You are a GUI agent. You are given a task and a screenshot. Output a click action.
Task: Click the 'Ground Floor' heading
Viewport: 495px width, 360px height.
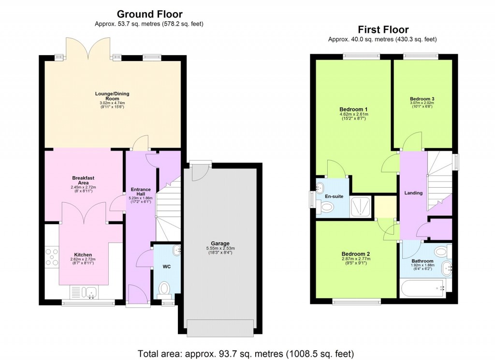pos(150,14)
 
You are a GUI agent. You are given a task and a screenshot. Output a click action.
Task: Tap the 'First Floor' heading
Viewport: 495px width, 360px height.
pos(383,30)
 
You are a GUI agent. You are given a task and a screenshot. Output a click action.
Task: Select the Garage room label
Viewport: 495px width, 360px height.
pos(220,243)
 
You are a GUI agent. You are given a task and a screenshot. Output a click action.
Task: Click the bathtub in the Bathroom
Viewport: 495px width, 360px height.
pos(423,289)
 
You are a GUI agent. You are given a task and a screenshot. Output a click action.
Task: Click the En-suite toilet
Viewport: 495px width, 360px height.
pos(327,207)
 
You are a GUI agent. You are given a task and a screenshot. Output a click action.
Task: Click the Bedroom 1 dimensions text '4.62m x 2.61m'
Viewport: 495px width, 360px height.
pos(353,114)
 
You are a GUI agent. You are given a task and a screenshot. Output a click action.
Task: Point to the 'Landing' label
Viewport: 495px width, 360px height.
pos(413,193)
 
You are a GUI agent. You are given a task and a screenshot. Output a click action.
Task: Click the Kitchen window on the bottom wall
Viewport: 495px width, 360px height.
pos(88,303)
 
